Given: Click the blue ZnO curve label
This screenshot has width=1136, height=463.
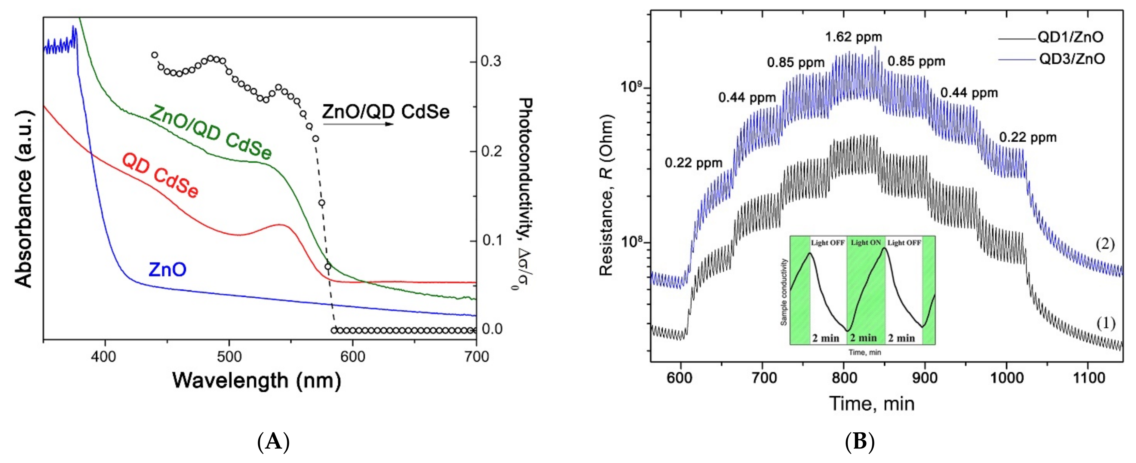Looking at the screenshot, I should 167,269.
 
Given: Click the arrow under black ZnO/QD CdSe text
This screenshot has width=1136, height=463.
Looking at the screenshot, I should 358,124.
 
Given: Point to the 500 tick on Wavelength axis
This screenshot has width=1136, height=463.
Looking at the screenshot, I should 229,356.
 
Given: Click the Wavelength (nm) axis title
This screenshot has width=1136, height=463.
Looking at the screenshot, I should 257,380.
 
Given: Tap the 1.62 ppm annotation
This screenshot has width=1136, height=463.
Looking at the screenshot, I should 853,37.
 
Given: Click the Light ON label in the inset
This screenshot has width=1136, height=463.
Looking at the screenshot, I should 866,243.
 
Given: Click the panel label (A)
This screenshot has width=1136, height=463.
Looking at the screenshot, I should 273,441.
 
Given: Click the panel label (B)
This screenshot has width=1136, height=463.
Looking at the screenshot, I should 859,441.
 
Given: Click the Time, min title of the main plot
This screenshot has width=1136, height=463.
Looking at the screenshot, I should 872,403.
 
